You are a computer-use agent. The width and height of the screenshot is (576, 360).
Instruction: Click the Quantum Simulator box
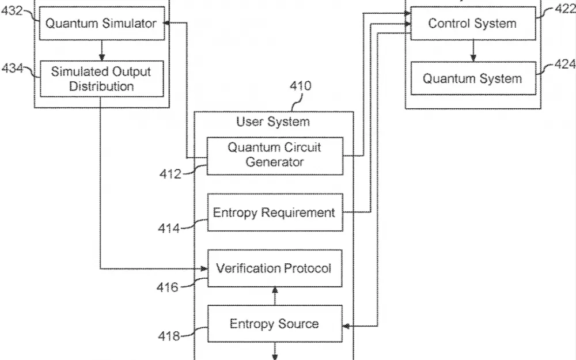101,24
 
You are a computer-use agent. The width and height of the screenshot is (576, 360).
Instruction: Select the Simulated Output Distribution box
101,79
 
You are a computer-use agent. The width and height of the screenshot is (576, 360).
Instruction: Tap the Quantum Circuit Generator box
274,155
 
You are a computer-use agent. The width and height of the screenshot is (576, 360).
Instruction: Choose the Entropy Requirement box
274,213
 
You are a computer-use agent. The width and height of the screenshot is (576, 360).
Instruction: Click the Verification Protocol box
274,268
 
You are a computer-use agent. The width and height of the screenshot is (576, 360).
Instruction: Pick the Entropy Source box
274,324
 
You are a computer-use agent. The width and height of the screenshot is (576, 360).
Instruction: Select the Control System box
472,24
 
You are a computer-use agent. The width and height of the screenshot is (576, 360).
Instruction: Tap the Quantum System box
472,79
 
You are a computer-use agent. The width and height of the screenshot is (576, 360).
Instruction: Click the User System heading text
273,122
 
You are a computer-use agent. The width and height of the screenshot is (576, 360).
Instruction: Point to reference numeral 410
300,86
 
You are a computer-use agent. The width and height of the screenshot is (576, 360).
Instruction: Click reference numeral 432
12,10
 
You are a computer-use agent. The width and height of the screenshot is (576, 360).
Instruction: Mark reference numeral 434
12,69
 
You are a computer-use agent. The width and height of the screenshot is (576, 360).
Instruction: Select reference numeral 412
170,173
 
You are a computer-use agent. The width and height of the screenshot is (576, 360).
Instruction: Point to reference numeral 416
168,286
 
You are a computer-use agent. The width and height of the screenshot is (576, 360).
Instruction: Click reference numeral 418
168,336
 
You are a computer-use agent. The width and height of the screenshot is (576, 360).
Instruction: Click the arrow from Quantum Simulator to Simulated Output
102,51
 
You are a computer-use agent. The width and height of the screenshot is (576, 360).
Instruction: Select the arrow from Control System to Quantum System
473,51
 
